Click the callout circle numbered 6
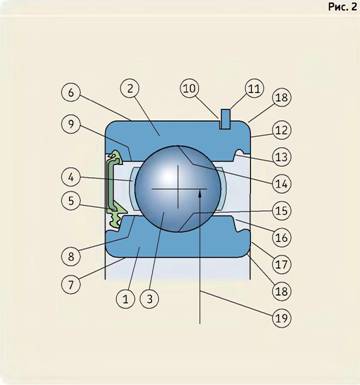71,92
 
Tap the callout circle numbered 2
130,89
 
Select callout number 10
190,89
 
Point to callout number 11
254,89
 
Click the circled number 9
71,124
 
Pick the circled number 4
71,177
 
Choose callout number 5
71,201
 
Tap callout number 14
282,183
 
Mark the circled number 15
282,211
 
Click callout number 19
282,318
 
